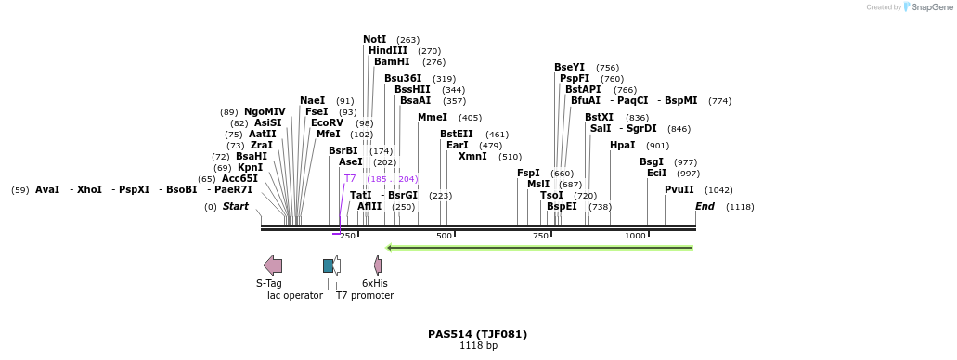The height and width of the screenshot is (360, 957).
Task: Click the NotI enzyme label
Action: (x=374, y=39)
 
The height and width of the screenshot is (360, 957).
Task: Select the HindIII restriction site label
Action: (x=387, y=51)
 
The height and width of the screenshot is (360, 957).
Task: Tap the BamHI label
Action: (x=392, y=62)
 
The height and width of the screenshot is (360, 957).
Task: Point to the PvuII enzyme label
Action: (x=679, y=189)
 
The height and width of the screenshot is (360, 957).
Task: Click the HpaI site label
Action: (x=622, y=145)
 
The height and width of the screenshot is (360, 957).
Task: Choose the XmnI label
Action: (x=472, y=157)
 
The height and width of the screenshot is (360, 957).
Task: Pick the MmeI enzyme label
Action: (x=432, y=118)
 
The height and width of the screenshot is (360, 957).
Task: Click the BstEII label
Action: (x=456, y=134)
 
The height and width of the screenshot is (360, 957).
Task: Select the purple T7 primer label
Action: (x=350, y=178)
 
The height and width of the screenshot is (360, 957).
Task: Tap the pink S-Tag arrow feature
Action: (x=273, y=265)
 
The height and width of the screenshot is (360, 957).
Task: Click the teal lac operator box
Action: (x=328, y=265)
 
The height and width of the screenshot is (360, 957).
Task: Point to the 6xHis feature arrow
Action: (x=378, y=265)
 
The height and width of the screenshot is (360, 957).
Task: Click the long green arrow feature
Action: (x=539, y=248)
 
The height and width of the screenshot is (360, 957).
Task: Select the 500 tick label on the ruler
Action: (x=444, y=236)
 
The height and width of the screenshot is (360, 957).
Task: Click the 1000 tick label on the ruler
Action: (x=635, y=236)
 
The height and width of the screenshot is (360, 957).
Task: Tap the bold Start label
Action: (x=235, y=206)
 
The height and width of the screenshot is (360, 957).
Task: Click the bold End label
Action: (x=705, y=206)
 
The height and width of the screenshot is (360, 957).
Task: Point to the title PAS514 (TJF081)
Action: (x=477, y=334)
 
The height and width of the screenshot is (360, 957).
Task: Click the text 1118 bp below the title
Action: (x=478, y=346)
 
